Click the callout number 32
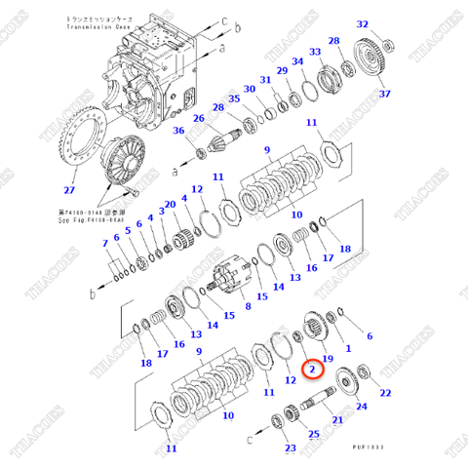[x=363, y=24]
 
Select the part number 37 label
[x=384, y=94]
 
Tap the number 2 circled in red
[x=310, y=370]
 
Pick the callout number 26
[x=197, y=120]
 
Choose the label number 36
[x=178, y=132]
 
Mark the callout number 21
[x=337, y=419]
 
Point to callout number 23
[x=290, y=448]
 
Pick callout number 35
[x=234, y=98]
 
